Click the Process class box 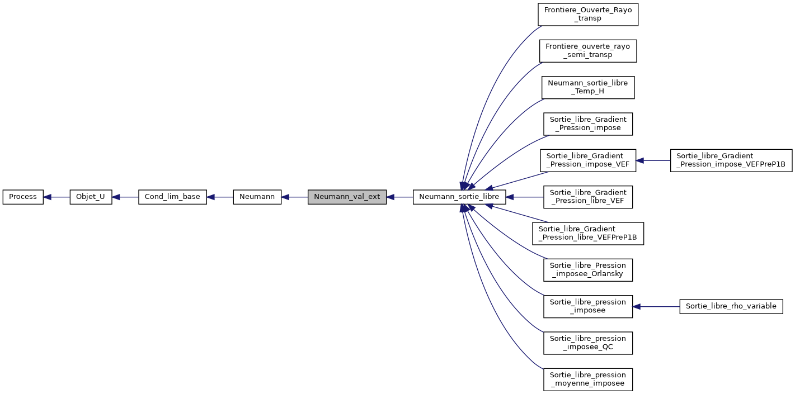(x=23, y=197)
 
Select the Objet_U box (x=91, y=197)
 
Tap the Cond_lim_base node (x=172, y=197)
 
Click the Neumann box (x=257, y=197)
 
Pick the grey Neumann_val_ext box (x=347, y=197)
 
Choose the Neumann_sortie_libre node (x=459, y=197)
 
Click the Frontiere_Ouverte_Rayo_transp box (x=588, y=14)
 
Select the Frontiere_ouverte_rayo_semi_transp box (x=588, y=50)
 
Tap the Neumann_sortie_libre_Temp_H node (x=588, y=87)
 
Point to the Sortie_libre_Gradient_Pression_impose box (x=588, y=124)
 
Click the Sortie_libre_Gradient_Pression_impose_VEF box (x=588, y=160)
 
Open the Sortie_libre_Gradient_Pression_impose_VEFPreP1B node (x=731, y=160)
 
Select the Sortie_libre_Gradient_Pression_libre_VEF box (x=588, y=197)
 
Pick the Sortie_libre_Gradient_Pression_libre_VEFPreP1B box (x=588, y=233)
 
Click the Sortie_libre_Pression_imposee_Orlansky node (x=588, y=270)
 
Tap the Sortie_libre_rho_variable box (x=731, y=306)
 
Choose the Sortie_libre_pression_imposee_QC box (x=588, y=343)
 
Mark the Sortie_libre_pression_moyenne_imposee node (x=588, y=379)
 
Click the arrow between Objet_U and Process (x=57, y=197)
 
